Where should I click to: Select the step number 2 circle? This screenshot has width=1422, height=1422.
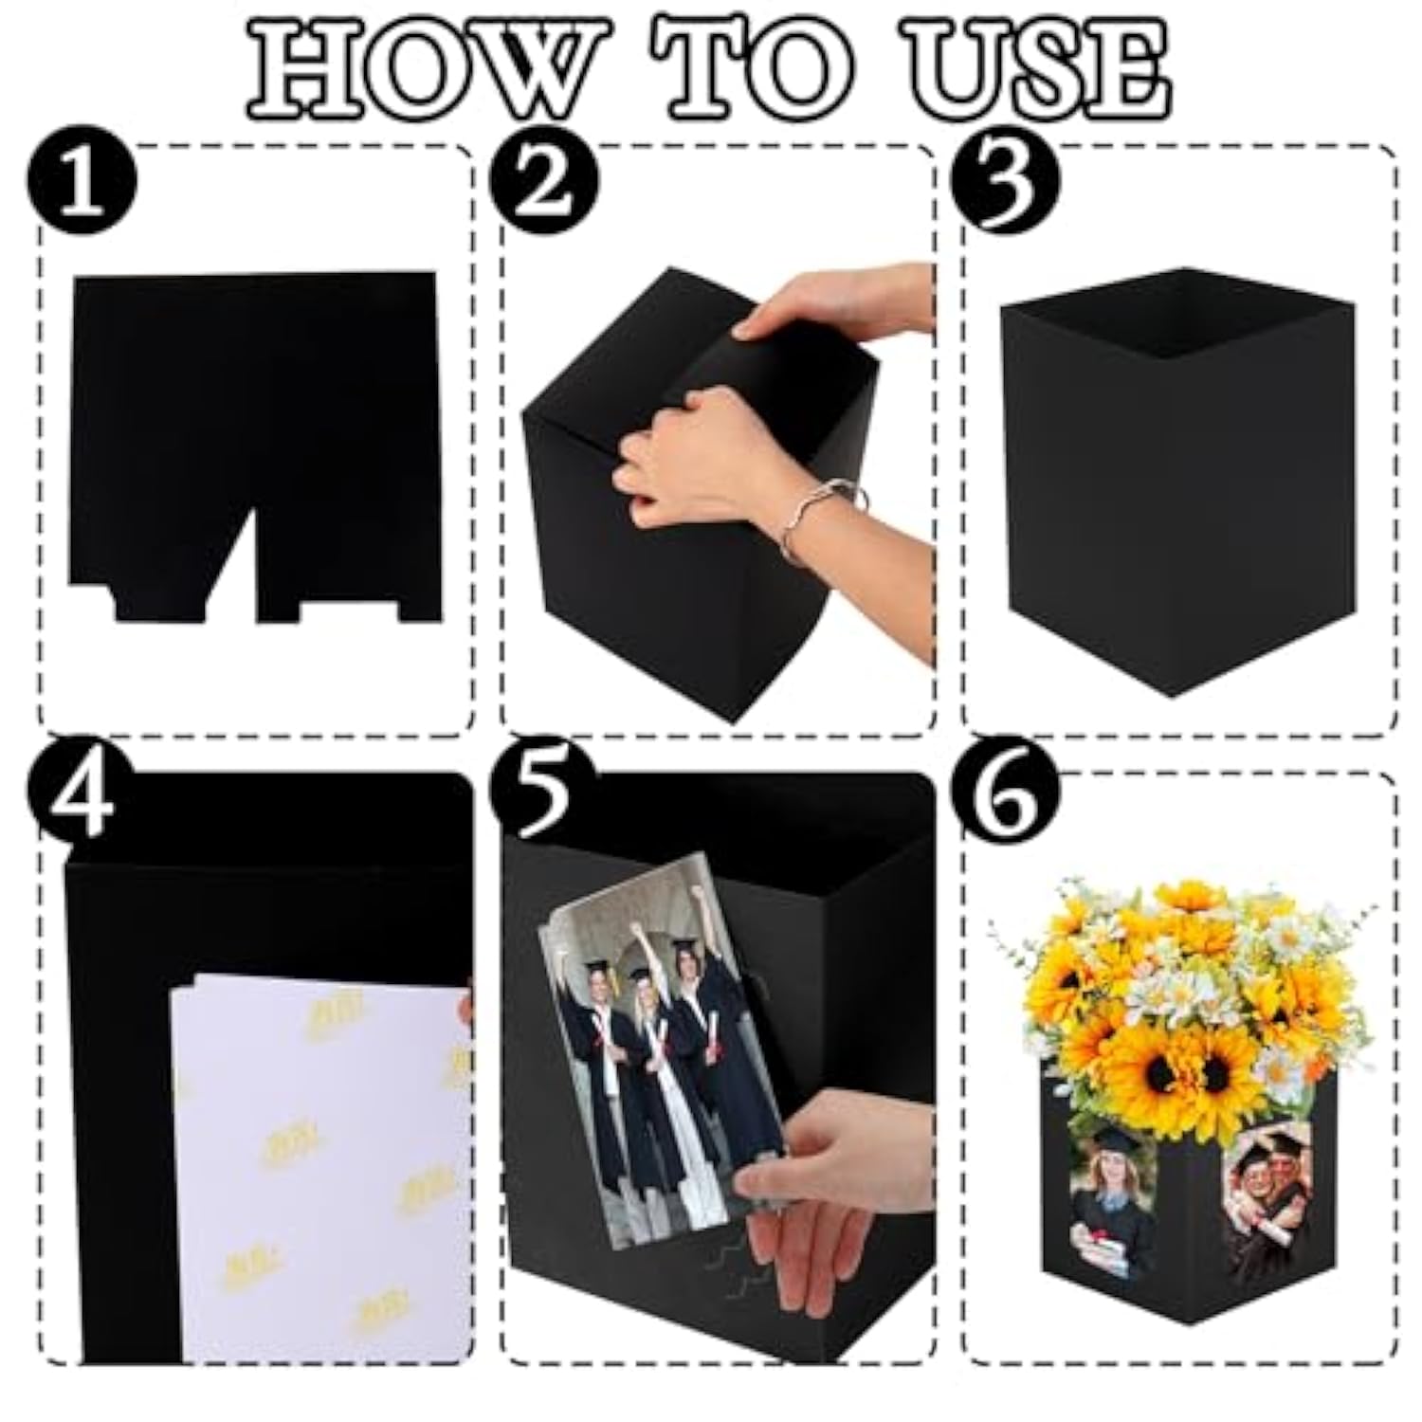coord(543,180)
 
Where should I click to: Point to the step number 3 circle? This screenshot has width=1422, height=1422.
coord(1007,180)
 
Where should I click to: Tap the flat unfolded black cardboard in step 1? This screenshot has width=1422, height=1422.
coord(256,398)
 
